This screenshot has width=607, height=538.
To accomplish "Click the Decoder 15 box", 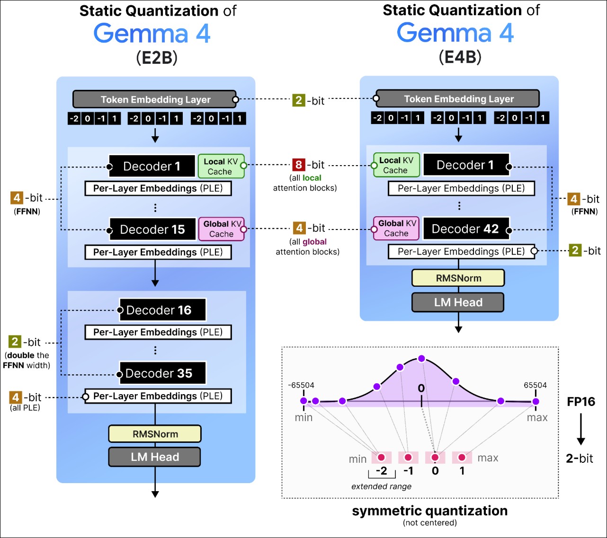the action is pyautogui.click(x=152, y=229).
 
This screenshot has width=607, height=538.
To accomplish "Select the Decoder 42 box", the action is pyautogui.click(x=466, y=229).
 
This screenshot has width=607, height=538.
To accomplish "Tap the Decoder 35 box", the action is pyautogui.click(x=163, y=373).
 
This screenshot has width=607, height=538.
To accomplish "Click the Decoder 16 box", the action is pyautogui.click(x=163, y=310).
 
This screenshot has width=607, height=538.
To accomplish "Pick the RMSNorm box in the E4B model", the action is pyautogui.click(x=458, y=278).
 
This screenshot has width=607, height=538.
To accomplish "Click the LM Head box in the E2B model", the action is pyautogui.click(x=155, y=457).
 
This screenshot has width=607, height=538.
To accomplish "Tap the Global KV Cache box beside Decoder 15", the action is pyautogui.click(x=222, y=229).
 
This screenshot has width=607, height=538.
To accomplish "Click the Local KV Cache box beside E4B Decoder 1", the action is pyautogui.click(x=396, y=165).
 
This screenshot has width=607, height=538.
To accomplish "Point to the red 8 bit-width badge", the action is pyautogui.click(x=299, y=165).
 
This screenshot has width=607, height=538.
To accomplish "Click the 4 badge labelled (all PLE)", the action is pyautogui.click(x=16, y=397).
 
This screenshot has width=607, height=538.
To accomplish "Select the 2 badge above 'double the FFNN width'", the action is pyautogui.click(x=15, y=342).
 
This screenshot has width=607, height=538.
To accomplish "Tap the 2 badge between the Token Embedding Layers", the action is pyautogui.click(x=299, y=100).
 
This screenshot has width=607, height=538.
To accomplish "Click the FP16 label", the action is pyautogui.click(x=580, y=401).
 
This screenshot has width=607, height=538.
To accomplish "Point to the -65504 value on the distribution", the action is pyautogui.click(x=301, y=385).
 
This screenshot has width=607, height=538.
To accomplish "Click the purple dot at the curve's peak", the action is pyautogui.click(x=421, y=358).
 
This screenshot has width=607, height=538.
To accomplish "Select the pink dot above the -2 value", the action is pyautogui.click(x=381, y=457).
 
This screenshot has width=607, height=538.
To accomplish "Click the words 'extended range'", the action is pyautogui.click(x=381, y=486).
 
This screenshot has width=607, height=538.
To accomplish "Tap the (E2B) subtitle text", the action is pyautogui.click(x=157, y=57).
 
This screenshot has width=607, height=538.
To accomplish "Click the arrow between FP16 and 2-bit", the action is pyautogui.click(x=580, y=429).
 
